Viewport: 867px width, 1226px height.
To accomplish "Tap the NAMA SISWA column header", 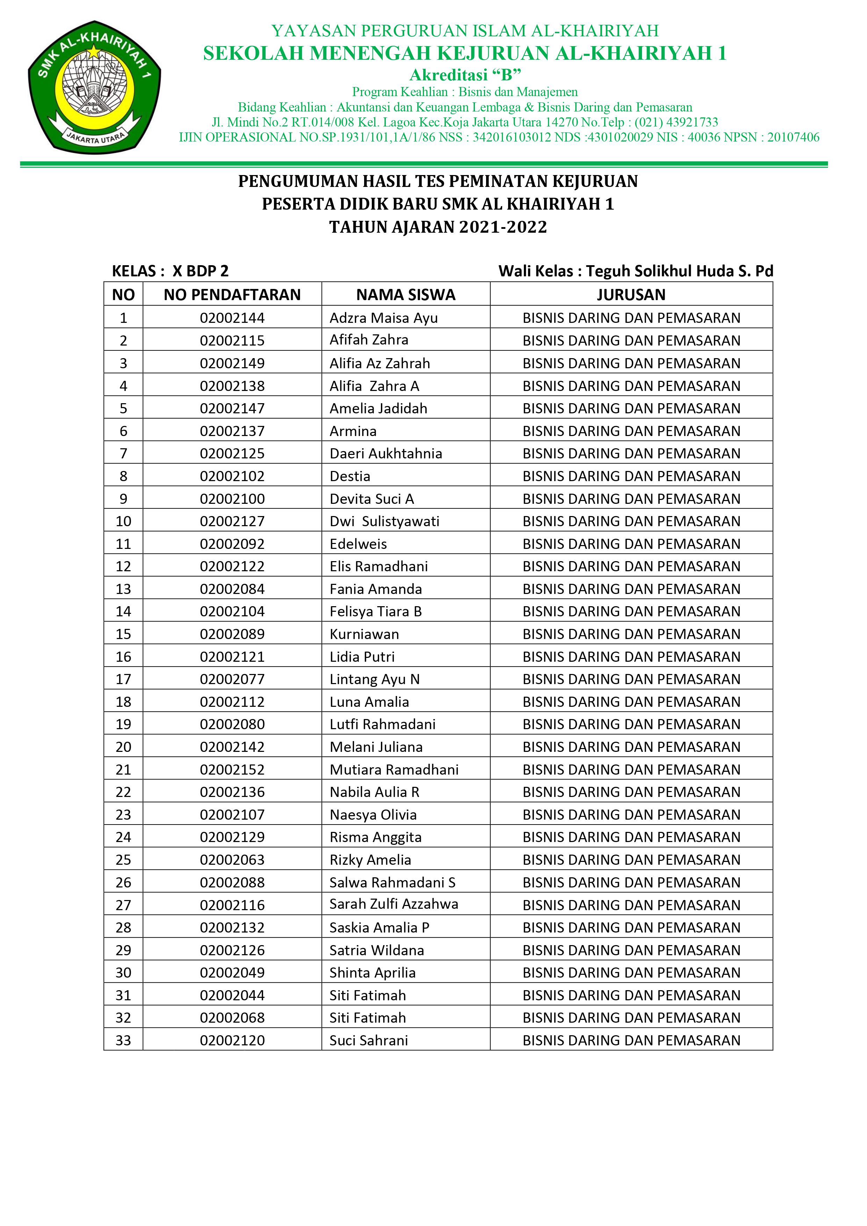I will tap(405, 295).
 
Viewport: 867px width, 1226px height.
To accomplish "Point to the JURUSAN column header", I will tap(631, 295).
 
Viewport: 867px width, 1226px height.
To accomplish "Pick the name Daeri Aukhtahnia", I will tap(386, 454).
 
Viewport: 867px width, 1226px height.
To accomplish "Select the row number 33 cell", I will tap(123, 1040).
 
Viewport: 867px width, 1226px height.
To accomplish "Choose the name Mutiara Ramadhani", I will tap(394, 769).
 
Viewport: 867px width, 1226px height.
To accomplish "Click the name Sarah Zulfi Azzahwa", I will tap(394, 904).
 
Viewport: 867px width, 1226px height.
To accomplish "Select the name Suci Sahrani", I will tap(369, 1040).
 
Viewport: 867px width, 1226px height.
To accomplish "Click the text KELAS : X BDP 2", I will tap(170, 271).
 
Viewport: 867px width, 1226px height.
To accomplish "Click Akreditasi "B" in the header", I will tap(465, 75).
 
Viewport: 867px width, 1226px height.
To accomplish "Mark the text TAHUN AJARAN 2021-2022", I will tap(438, 227).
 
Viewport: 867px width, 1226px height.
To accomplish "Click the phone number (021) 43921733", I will tap(676, 122).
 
